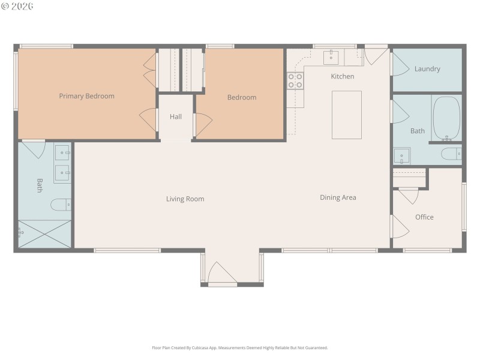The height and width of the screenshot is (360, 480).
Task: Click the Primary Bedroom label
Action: pos(86,96)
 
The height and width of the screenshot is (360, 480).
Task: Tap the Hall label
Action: pos(175,117)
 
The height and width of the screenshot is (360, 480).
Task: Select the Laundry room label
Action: pos(427,69)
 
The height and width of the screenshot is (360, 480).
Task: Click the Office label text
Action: pos(424,217)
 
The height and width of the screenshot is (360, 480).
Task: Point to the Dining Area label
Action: pos(338,197)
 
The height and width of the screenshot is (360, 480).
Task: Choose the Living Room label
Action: pos(185,199)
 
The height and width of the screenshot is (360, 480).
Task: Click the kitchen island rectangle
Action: pos(346,115)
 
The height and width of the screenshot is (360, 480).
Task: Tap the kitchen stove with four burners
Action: pos(295,81)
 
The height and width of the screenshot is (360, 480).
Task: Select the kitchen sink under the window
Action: pos(331,58)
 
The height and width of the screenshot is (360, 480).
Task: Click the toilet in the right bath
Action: pos(451,155)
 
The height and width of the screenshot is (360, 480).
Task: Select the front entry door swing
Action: pos(223,273)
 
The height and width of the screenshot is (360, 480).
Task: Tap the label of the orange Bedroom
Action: pos(241,98)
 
